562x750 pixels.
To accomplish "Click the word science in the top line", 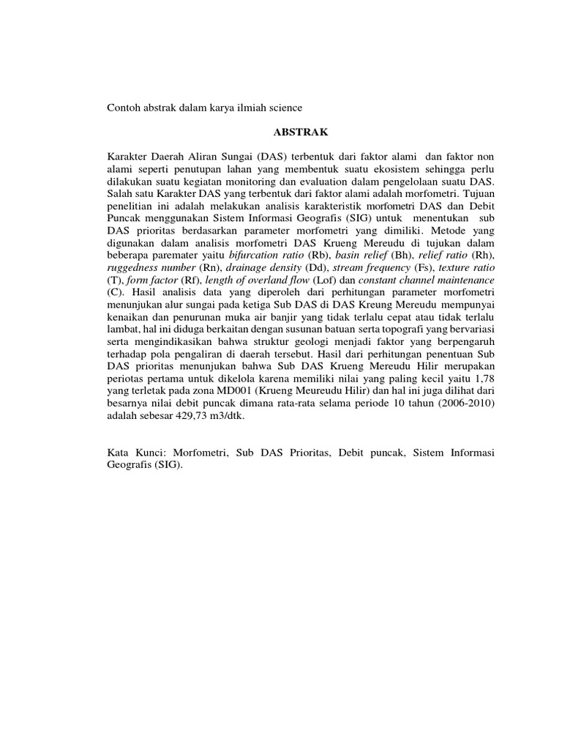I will click(x=282, y=108).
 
